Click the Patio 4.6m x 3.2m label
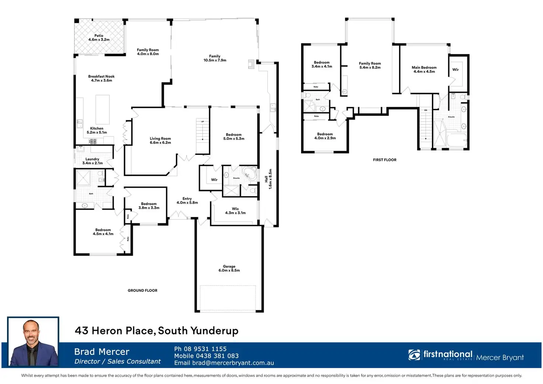(99, 38)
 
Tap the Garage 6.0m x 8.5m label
(229, 268)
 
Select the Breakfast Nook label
(101, 78)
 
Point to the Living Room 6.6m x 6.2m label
(160, 141)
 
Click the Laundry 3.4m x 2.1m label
(92, 161)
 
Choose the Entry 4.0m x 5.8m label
(187, 200)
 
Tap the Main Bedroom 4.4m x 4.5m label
(424, 69)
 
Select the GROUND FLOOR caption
(142, 290)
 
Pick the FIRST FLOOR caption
(384, 160)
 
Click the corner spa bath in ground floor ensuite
(250, 173)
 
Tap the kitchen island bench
(103, 109)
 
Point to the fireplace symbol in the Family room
(251, 65)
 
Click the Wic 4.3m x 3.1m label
(235, 211)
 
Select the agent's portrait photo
(33, 342)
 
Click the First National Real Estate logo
(440, 355)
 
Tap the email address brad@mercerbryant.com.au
(224, 363)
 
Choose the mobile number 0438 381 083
(206, 356)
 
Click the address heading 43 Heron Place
(156, 331)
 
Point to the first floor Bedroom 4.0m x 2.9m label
(325, 136)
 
